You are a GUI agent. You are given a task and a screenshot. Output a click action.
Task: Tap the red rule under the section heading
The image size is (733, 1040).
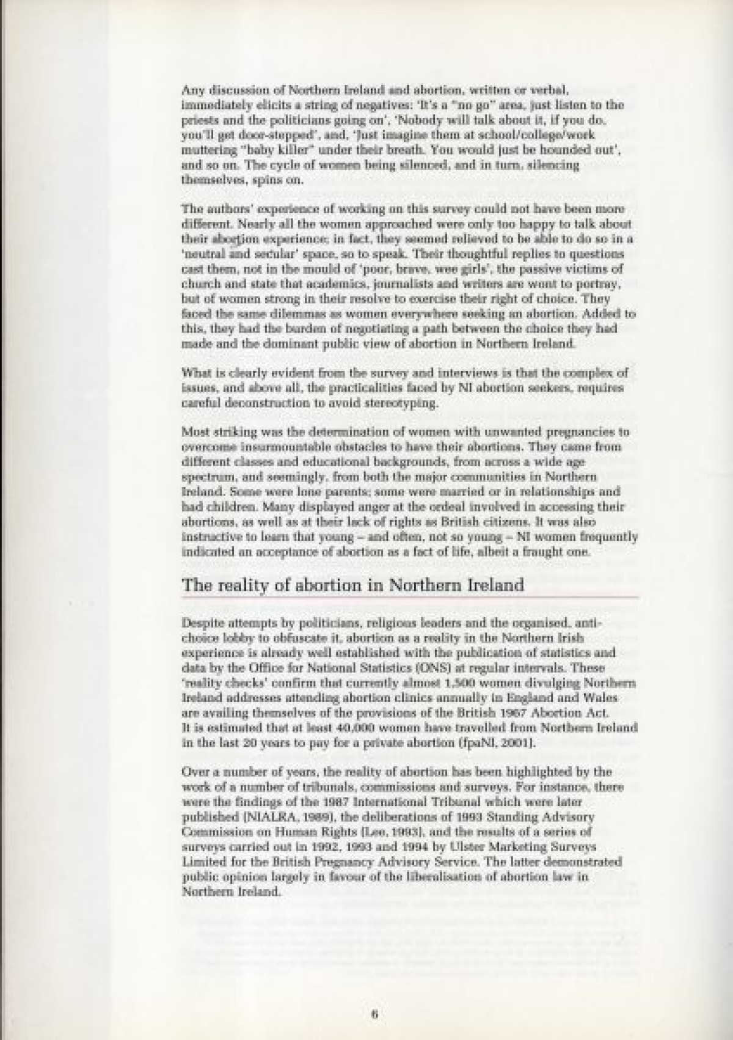click(410, 596)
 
